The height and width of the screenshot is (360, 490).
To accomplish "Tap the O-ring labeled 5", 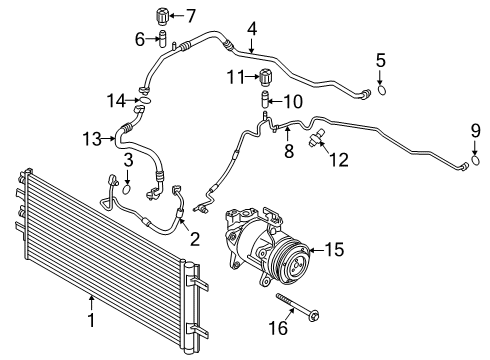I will point(379,94).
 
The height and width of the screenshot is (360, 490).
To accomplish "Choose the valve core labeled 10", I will point(266,101).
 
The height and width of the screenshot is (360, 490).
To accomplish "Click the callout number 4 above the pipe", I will point(252,29).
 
